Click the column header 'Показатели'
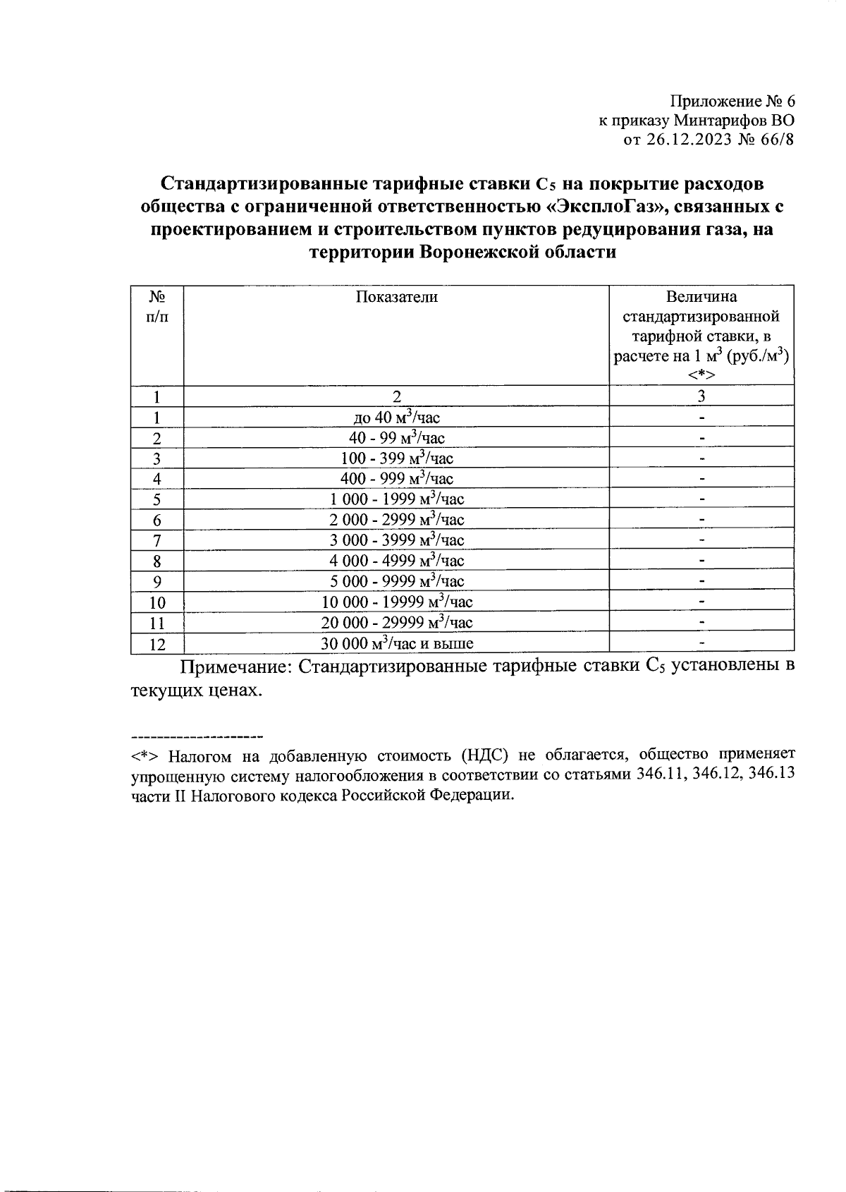(396, 297)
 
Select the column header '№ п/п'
(157, 307)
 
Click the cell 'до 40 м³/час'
(396, 418)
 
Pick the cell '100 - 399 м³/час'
(396, 458)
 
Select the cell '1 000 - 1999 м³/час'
(396, 499)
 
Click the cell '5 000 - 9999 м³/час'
(396, 581)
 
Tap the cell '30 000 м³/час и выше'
(396, 643)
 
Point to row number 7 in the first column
(157, 541)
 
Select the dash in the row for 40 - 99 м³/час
(701, 438)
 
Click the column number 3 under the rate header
(701, 396)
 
